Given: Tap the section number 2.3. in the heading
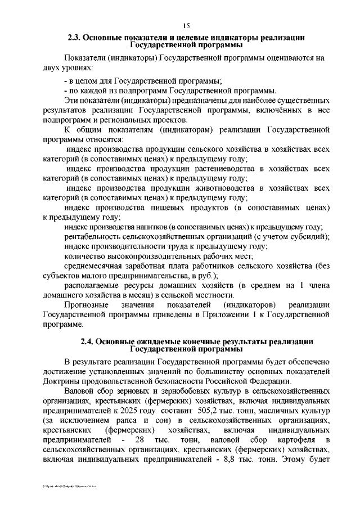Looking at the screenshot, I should tap(75, 38).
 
